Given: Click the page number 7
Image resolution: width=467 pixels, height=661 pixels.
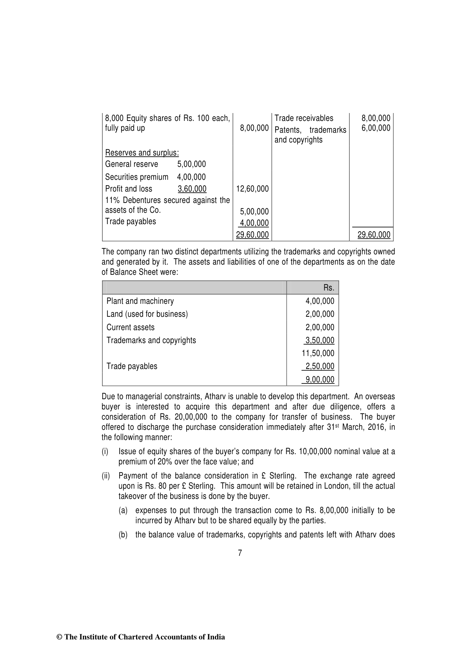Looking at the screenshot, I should pos(240,553).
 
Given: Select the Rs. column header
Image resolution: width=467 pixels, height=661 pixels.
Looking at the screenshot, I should pos(329,288).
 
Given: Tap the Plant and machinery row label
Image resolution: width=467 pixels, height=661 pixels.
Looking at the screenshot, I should pos(140,301).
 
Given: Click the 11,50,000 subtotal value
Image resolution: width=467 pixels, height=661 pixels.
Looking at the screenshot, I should pos(318,353).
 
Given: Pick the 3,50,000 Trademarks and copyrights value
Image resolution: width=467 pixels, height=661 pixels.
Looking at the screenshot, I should pos(320,340).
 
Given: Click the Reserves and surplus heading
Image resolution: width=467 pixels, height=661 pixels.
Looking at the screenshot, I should pos(142,153).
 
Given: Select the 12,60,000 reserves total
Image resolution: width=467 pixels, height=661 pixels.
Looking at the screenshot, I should pos(253,189).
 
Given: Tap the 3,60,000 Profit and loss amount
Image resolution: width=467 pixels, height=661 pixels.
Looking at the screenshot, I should pos(192,189).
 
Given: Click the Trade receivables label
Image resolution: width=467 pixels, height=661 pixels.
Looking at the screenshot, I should pos(304,118).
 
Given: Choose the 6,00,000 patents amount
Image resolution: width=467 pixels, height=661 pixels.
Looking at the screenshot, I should pos(376,128).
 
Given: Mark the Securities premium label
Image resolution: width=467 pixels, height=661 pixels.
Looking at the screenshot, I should pos(136,177).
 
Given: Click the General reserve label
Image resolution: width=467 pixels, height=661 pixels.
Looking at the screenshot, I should pos(132,164).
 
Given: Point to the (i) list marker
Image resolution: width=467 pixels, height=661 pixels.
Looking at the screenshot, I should pos(105,451).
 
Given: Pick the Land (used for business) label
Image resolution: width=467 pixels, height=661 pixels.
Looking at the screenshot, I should pos(147,314).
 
